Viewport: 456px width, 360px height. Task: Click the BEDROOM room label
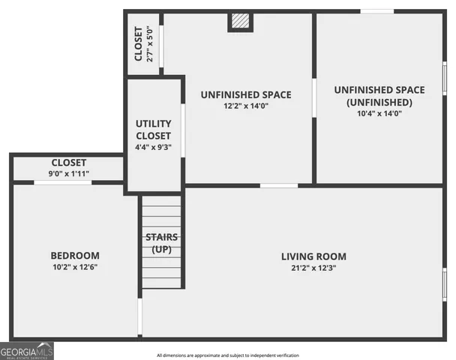click(76, 256)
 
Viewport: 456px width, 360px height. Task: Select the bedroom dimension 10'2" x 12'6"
click(76, 268)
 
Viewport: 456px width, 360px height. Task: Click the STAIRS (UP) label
click(161, 243)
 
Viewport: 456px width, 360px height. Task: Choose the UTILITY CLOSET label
click(154, 129)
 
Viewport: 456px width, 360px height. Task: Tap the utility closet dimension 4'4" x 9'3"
click(154, 147)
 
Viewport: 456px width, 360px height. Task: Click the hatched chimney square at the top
click(238, 22)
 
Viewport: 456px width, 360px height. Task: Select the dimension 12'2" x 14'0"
click(245, 106)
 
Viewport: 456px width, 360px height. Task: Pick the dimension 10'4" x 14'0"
click(379, 114)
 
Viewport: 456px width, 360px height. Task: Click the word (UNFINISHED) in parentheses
click(379, 102)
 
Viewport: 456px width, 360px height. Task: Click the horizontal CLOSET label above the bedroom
click(68, 163)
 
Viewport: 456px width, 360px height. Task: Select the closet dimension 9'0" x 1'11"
click(68, 174)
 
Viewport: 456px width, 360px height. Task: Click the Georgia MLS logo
click(27, 350)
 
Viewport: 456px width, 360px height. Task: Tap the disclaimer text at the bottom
click(227, 355)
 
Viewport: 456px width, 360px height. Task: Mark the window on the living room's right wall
click(445, 285)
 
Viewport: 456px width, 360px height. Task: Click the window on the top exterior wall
click(377, 11)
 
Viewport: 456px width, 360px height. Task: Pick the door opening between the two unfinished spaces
click(313, 97)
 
